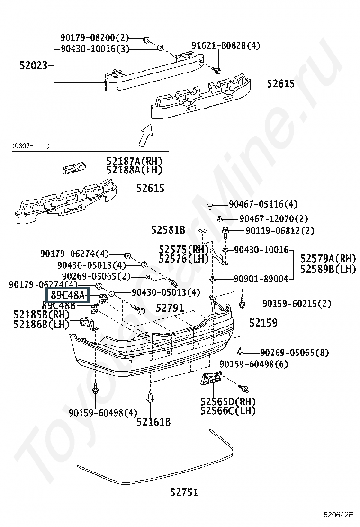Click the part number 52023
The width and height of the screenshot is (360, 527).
click(x=34, y=65)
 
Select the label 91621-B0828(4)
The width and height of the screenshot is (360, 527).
click(x=225, y=45)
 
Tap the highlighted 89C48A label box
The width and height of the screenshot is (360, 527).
click(x=68, y=295)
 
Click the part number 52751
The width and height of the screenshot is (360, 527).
click(x=184, y=492)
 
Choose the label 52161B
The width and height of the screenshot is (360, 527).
click(x=153, y=422)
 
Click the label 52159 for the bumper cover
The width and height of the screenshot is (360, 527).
click(x=263, y=323)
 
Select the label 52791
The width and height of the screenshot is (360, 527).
click(x=170, y=308)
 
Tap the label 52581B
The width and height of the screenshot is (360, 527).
click(x=168, y=230)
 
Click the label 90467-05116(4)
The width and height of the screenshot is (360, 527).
click(x=263, y=204)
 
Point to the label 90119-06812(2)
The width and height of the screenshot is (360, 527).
click(x=280, y=231)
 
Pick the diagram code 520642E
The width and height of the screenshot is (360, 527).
click(x=339, y=515)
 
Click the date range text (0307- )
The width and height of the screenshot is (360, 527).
click(x=31, y=145)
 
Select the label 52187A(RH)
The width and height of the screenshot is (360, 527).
click(x=135, y=161)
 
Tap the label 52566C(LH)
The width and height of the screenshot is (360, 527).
click(x=228, y=411)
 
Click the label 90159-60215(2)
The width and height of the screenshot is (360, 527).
click(x=297, y=303)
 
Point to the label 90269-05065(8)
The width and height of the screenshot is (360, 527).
click(x=295, y=353)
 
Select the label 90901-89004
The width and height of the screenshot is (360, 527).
click(x=261, y=279)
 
